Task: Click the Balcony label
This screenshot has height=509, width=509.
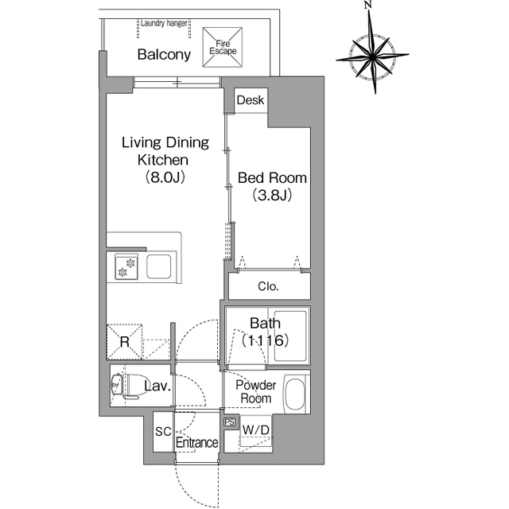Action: pyautogui.click(x=164, y=55)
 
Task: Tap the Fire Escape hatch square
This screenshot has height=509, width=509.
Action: pyautogui.click(x=223, y=48)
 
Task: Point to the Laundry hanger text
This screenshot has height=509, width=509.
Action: pyautogui.click(x=164, y=23)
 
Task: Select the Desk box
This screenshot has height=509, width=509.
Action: pyautogui.click(x=251, y=100)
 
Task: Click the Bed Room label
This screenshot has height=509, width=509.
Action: pyautogui.click(x=272, y=178)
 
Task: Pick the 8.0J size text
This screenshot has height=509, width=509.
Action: pyautogui.click(x=165, y=177)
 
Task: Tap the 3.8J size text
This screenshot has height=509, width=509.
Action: pyautogui.click(x=272, y=195)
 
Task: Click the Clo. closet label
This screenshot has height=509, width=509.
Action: pyautogui.click(x=268, y=286)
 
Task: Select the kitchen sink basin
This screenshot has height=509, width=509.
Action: pyautogui.click(x=159, y=266)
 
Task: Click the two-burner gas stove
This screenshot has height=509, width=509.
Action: pyautogui.click(x=126, y=267)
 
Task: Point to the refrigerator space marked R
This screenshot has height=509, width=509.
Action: pyautogui.click(x=124, y=341)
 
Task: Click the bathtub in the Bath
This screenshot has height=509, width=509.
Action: pyautogui.click(x=290, y=336)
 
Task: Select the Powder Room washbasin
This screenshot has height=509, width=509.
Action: pyautogui.click(x=295, y=394)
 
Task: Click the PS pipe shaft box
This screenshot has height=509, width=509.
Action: pyautogui.click(x=229, y=422)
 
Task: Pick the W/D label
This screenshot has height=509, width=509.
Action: pyautogui.click(x=256, y=430)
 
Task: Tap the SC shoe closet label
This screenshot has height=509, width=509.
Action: pyautogui.click(x=163, y=432)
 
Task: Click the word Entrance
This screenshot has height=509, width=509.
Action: pyautogui.click(x=197, y=442)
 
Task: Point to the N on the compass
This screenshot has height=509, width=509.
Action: pyautogui.click(x=367, y=5)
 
